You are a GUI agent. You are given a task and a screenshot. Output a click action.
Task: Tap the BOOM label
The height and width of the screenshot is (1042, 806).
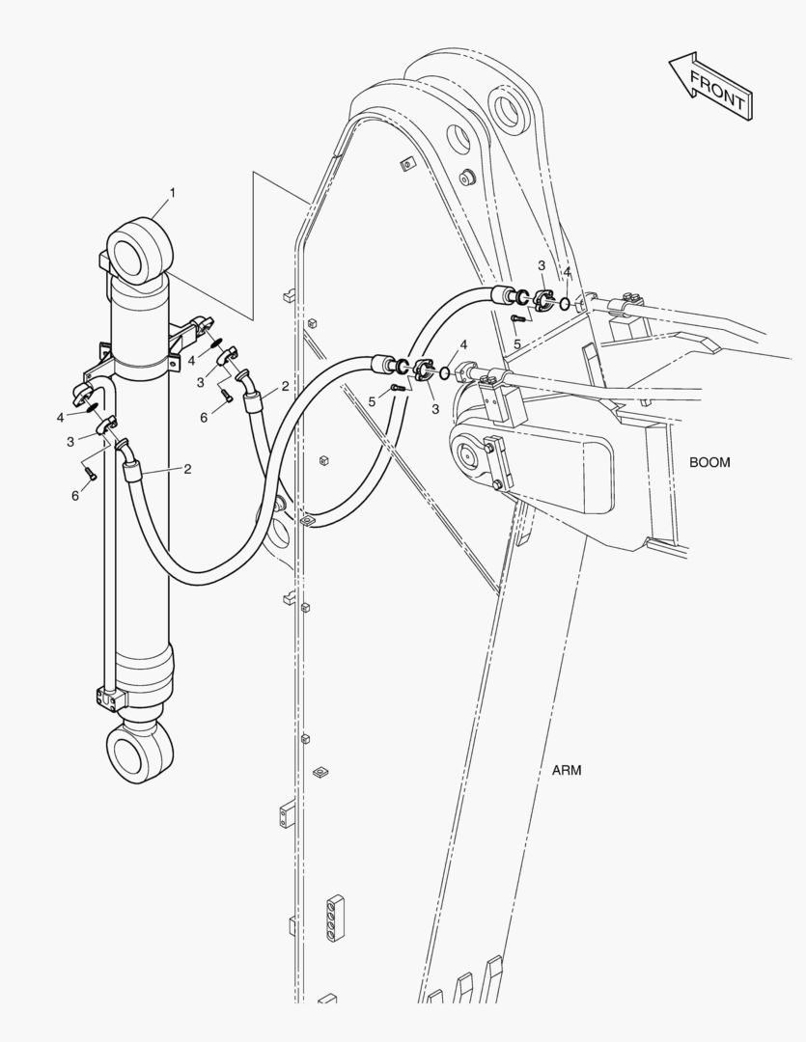709,462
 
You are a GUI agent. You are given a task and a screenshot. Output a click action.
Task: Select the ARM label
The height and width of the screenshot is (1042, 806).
567,770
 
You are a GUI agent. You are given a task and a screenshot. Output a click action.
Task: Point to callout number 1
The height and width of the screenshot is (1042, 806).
173,193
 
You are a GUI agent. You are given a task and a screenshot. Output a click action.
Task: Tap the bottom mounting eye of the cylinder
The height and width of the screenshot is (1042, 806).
138,753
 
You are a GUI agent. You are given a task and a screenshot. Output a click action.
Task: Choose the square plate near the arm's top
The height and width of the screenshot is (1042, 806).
405,165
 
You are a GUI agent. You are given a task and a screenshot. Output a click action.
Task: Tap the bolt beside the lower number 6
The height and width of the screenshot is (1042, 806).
89,473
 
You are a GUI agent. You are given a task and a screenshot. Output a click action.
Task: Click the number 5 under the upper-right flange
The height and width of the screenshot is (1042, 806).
517,343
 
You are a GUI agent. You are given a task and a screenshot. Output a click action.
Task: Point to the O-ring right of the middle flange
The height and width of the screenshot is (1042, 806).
443,373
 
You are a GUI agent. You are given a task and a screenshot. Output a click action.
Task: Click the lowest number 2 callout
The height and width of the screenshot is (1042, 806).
187,469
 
